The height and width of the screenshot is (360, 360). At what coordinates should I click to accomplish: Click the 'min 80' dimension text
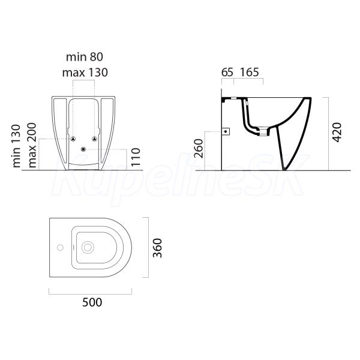85,57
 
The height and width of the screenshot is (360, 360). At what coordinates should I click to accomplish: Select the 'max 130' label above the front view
85,73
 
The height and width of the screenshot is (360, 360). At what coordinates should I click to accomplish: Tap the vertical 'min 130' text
17,146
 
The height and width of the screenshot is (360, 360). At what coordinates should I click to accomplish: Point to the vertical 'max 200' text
32,145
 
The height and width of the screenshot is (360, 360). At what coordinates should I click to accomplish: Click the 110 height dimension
136,157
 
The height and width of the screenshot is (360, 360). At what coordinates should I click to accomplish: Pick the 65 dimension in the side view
227,73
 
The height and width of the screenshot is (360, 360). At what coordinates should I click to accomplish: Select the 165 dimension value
250,73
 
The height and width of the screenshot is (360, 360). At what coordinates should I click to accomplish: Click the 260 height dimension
199,149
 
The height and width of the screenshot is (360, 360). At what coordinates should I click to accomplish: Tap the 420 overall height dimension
337,133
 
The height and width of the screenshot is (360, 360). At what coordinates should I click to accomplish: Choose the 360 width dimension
158,248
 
